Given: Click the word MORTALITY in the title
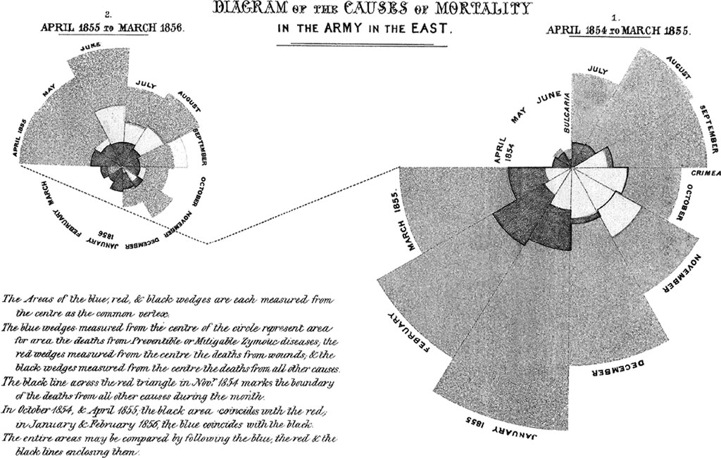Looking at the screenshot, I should coord(484,10).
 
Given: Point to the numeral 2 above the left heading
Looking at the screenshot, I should coord(107,14).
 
